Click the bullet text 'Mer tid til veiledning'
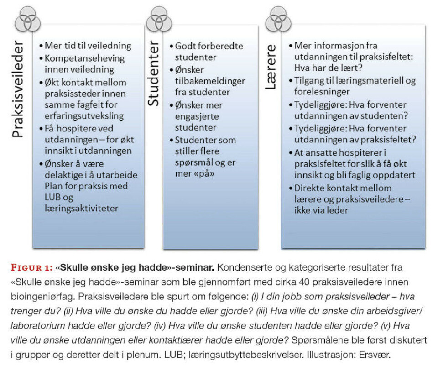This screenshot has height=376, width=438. pos(88,46)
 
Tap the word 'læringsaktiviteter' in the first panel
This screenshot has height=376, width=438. pos(81,209)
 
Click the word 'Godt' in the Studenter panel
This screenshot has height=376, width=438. pos(185,46)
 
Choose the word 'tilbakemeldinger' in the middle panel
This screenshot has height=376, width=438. pos(210,81)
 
